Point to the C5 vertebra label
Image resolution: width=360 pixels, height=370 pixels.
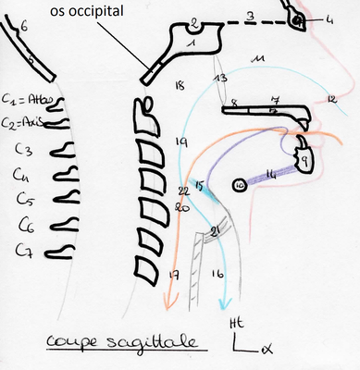pos(24,197)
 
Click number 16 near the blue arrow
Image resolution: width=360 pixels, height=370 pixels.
pos(218,275)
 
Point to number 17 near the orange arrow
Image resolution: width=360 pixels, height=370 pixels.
pos(173,274)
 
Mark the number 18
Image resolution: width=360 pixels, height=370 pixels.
pos(180,85)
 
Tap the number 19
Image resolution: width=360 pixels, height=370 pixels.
pos(180,141)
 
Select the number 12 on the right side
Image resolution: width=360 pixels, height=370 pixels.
pos(330,97)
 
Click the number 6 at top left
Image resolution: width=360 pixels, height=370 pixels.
pos(25,30)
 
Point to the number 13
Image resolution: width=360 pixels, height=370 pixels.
pos(220,79)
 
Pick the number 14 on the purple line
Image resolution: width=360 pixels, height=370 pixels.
pos(271,173)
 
